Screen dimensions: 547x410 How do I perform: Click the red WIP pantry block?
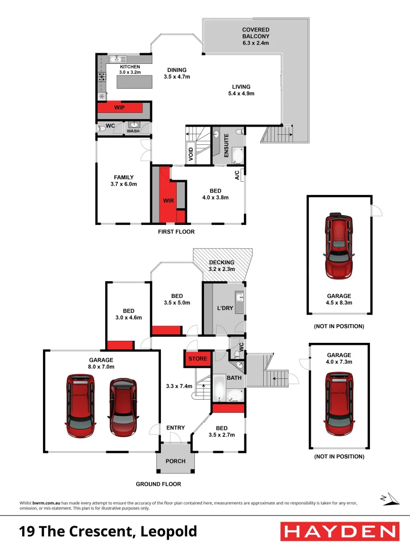[x=119, y=108]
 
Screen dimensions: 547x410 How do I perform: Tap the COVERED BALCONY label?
[x=255, y=33]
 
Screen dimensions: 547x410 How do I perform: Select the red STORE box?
[x=197, y=359]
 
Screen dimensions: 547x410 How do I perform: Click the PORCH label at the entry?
[x=176, y=461]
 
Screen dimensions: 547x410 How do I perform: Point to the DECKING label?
[x=222, y=262]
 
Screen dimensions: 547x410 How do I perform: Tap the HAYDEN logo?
[x=339, y=531]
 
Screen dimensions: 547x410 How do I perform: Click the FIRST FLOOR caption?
[x=176, y=231]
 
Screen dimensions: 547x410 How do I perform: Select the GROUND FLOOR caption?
[x=158, y=484]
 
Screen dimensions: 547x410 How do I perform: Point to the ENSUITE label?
[x=226, y=144]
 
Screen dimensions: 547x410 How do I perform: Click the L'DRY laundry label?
[x=225, y=308]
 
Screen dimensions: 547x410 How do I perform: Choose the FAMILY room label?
[x=124, y=177]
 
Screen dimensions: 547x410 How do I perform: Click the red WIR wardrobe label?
[x=168, y=201]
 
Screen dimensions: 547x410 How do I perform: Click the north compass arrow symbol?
[x=385, y=499]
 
